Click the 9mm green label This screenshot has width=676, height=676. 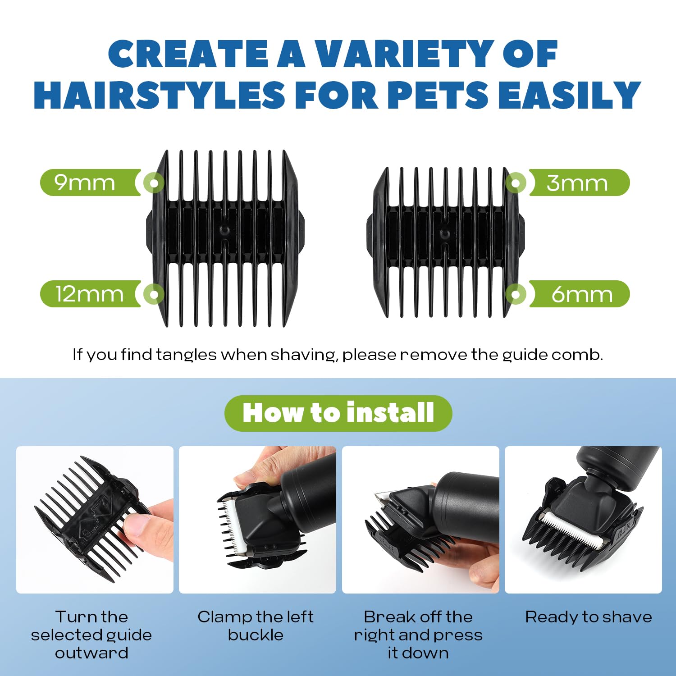[x=90, y=183]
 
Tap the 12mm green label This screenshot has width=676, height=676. [x=90, y=294]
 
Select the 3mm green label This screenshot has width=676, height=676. [x=579, y=183]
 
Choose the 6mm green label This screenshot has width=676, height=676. [x=579, y=294]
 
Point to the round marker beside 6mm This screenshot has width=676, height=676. [x=516, y=295]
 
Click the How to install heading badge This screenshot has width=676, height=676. [x=338, y=413]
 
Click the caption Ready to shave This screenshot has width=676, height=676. [x=588, y=617]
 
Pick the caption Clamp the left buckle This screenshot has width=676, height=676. [x=256, y=626]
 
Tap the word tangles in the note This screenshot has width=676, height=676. [x=186, y=355]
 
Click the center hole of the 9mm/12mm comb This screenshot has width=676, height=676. [x=224, y=230]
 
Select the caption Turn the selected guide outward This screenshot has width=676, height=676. [x=91, y=635]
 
